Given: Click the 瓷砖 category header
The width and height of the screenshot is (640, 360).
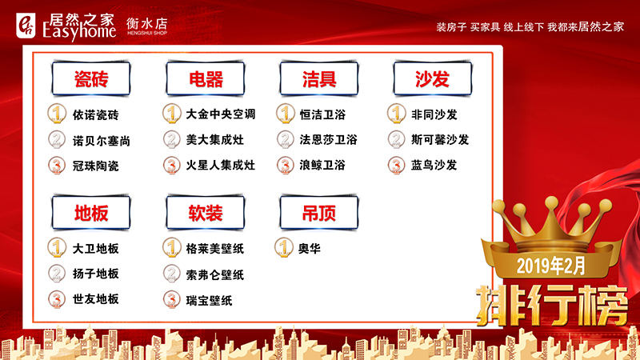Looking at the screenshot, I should point(90,80).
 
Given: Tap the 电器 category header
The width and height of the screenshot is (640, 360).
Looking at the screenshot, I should point(206,80).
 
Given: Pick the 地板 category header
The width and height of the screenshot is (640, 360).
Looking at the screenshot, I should point(90,214).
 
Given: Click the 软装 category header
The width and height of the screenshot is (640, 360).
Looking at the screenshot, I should point(206,214).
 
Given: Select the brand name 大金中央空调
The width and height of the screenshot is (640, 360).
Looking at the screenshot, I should point(220,114).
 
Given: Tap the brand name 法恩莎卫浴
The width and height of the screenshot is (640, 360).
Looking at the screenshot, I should point(328,140).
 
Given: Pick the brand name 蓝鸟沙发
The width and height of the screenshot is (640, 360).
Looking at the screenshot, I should point(434,166).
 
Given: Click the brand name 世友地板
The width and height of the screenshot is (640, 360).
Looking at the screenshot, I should point(95,299).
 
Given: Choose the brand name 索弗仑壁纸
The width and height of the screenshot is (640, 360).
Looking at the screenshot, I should point(214,274).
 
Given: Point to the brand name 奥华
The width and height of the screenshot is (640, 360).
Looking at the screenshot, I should point(310,249).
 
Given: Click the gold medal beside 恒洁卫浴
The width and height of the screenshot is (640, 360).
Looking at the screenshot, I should point(286,114).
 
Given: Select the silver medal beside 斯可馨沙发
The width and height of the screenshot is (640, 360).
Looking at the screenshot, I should point(398,140).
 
